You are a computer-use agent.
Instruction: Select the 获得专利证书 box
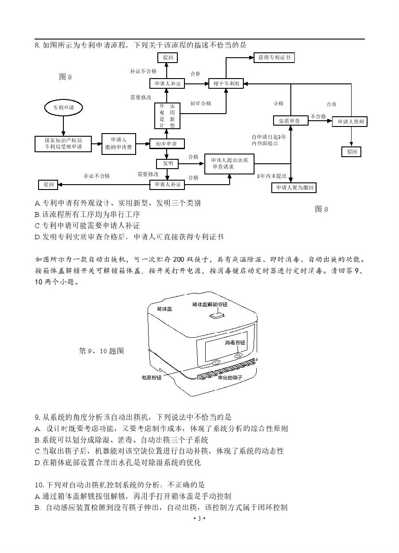click(274, 58)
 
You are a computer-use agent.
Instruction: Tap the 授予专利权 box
click(226, 83)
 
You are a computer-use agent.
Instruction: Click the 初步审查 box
click(167, 144)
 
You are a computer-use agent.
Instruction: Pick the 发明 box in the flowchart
click(167, 164)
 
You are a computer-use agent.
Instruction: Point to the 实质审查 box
click(290, 120)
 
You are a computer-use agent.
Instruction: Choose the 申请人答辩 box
click(350, 121)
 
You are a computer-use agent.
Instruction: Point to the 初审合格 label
click(200, 103)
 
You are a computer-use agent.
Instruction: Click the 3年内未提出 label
click(272, 176)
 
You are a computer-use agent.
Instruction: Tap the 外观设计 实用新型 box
click(167, 116)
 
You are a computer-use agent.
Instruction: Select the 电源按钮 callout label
click(151, 378)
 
